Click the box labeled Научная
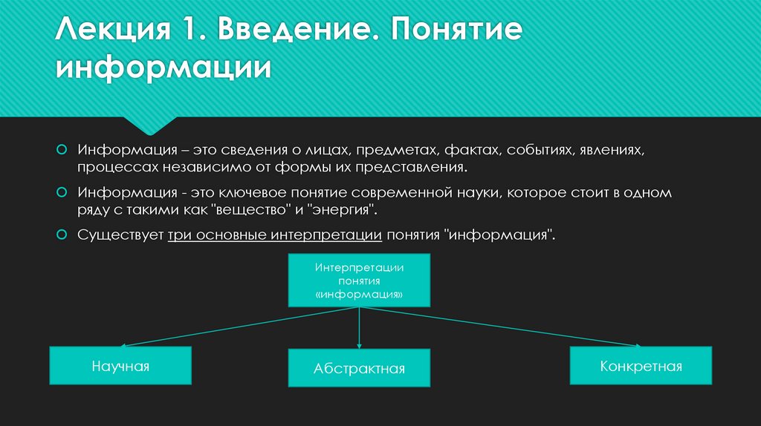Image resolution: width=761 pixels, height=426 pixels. [120, 365]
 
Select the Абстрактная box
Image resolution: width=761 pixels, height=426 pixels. [359, 368]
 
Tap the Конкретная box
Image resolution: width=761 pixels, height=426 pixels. [641, 366]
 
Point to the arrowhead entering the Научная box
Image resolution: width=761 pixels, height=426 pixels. [123, 344]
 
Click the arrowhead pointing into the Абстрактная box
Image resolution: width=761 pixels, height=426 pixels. [359, 346]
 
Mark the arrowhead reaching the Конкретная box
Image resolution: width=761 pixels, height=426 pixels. [637, 344]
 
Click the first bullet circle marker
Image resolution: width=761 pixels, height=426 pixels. [62, 149]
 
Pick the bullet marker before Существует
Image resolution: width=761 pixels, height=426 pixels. [62, 234]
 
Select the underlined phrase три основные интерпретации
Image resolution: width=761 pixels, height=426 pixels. [275, 235]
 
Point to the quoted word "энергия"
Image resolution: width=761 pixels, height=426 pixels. [345, 210]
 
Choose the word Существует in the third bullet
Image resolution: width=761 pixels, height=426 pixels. [121, 235]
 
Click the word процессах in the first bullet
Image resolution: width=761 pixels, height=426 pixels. [115, 168]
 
